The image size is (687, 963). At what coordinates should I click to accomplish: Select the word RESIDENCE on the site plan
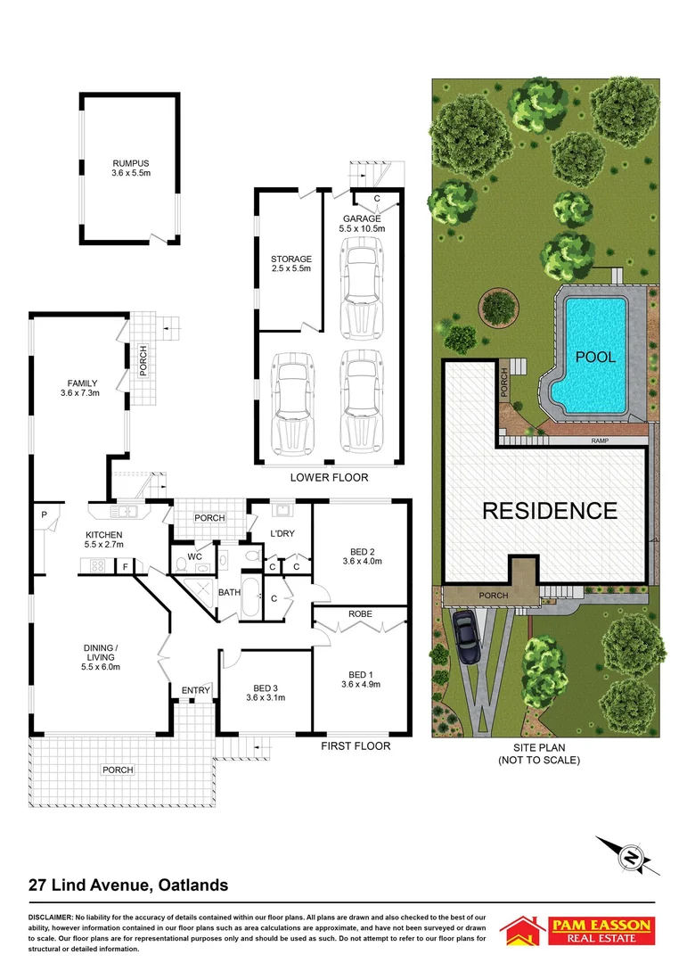[549, 511]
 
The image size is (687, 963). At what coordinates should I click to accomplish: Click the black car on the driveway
[466, 638]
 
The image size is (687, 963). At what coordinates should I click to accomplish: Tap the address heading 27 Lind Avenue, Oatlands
[128, 885]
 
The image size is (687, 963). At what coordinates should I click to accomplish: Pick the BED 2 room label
[361, 556]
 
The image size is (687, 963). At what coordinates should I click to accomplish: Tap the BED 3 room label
[265, 692]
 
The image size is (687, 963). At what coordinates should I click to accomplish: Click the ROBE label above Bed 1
[360, 614]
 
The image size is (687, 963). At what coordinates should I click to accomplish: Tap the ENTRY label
[194, 690]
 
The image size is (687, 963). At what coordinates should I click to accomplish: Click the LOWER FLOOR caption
[329, 478]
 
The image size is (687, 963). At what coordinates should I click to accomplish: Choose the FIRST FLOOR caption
[355, 746]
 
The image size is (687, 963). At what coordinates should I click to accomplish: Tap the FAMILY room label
[78, 387]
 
